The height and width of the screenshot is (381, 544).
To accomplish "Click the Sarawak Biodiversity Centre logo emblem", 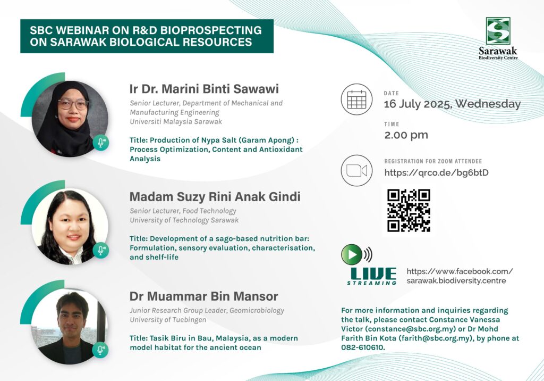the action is (498, 31).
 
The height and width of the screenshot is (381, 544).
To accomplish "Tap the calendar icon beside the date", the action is (356, 99).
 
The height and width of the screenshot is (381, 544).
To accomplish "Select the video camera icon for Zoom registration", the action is (356, 171).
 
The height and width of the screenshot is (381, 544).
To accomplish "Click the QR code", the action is (409, 211).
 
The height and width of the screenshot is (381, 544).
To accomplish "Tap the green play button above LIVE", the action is (352, 254).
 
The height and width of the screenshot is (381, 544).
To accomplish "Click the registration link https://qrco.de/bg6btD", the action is (437, 172).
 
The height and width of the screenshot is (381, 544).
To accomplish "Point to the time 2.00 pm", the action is (406, 135).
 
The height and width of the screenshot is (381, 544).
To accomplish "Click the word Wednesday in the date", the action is (488, 104).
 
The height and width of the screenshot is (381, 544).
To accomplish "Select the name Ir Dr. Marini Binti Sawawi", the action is (204, 89).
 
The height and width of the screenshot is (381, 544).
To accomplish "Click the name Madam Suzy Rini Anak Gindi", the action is (215, 197).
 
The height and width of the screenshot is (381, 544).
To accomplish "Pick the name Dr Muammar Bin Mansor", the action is (203, 296).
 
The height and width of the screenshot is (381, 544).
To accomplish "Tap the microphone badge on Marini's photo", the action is (100, 142).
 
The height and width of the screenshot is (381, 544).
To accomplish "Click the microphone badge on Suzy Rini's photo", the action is (100, 250).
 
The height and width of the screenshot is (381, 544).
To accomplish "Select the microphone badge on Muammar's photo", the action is (100, 350).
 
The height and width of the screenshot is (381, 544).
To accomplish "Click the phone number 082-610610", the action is (362, 347).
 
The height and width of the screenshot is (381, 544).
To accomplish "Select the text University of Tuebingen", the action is (168, 320).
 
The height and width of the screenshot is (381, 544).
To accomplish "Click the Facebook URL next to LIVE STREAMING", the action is (460, 276).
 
